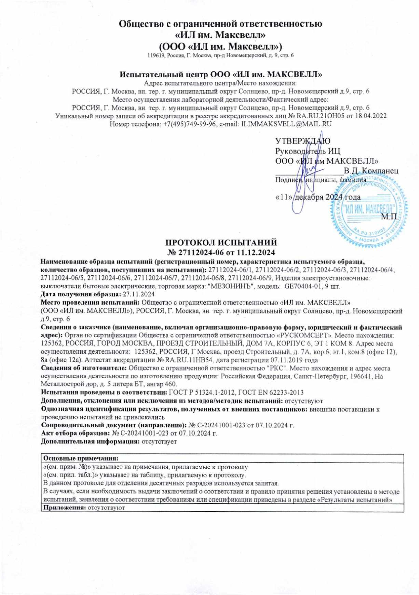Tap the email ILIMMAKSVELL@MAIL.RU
tap(287, 124)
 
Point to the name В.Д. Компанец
tap(371, 171)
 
